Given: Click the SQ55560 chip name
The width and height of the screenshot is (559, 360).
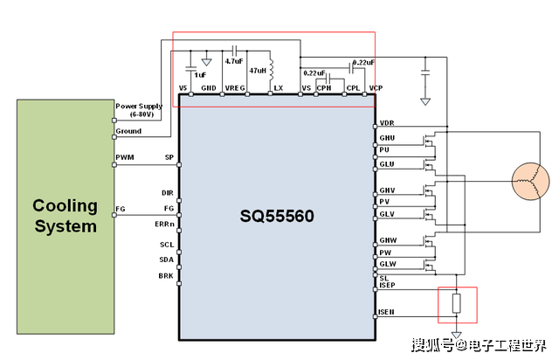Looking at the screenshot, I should click(277, 214).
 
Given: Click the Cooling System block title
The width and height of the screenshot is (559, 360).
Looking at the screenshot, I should click(65, 216).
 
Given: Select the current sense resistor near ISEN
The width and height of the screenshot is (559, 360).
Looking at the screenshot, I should click(455, 305).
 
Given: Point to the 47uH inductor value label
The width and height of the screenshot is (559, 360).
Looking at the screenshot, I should click(257, 69).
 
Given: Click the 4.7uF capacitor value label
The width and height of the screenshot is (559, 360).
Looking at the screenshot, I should click(233, 62).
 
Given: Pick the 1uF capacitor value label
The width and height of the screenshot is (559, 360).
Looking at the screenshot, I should click(201, 74).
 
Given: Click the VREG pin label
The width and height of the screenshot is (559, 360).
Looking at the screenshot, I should click(235, 89).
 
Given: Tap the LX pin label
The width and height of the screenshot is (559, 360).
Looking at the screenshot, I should click(279, 89).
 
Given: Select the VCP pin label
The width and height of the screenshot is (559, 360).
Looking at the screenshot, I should click(376, 89).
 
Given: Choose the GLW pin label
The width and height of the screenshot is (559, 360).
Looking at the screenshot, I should click(388, 264).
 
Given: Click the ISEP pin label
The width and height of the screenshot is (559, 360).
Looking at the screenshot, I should click(389, 286).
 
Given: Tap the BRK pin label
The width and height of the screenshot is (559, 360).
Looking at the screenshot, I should click(167, 275).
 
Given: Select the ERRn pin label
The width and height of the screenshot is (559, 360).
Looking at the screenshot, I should click(164, 225).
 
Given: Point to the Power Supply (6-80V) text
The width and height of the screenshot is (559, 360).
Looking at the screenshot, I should click(139, 110).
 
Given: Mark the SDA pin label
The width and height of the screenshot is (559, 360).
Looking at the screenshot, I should click(167, 260).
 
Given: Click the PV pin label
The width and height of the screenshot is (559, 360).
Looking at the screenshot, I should click(384, 202).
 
